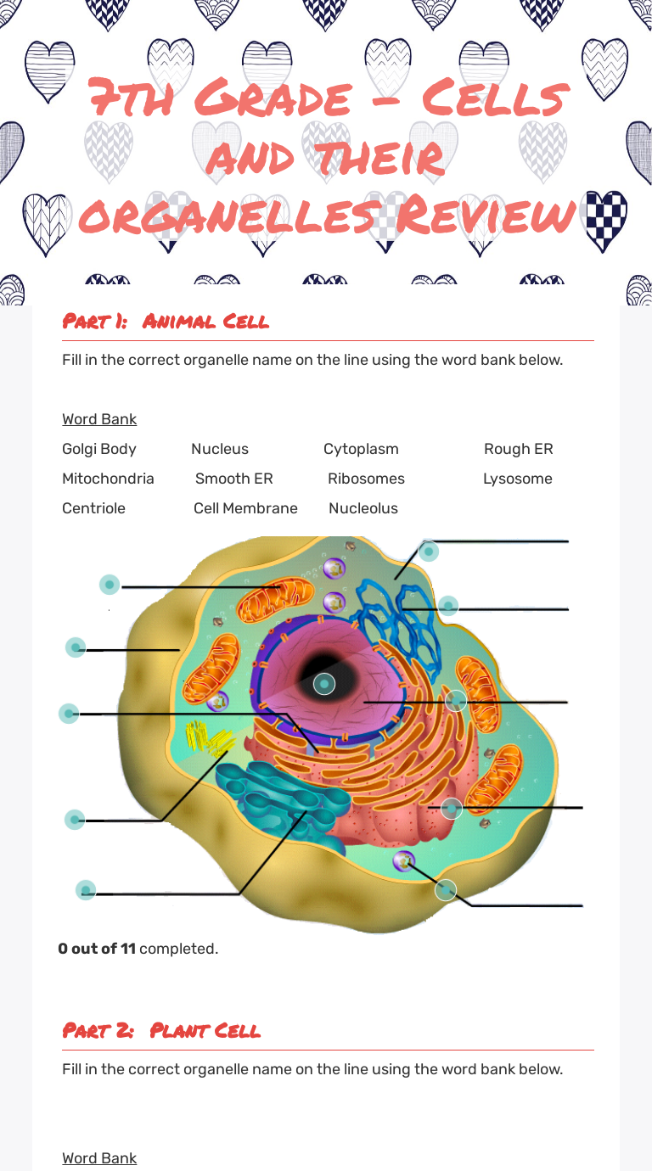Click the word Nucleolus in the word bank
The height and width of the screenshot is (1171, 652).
(x=363, y=508)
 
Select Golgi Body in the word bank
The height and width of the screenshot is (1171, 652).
(x=98, y=449)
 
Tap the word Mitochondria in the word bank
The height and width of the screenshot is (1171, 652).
(x=108, y=479)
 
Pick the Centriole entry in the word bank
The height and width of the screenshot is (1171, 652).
(x=93, y=508)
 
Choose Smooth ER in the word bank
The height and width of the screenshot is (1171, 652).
(x=233, y=479)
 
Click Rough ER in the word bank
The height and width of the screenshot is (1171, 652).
(x=518, y=449)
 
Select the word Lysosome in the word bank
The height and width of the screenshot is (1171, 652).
(x=517, y=479)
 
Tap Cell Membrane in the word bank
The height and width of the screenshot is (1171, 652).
(x=245, y=508)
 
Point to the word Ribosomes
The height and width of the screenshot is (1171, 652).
(x=366, y=479)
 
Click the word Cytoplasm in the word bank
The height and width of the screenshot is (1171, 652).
(x=361, y=449)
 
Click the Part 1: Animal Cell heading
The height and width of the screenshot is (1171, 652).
(x=166, y=322)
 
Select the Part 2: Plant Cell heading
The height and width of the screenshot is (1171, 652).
(x=161, y=1031)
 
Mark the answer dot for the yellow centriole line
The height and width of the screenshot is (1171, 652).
(x=75, y=820)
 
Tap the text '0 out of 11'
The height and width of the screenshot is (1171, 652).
(x=97, y=949)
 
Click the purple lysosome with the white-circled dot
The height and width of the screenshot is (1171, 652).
(x=404, y=861)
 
